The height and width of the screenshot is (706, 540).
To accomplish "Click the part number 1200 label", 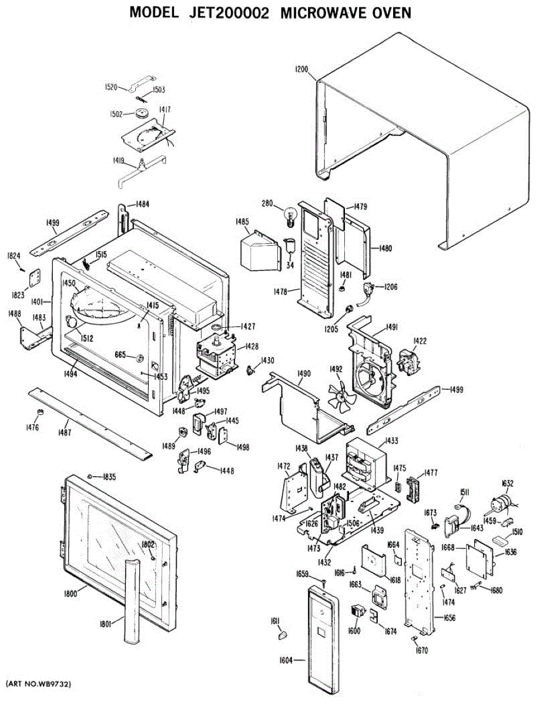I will (300, 69).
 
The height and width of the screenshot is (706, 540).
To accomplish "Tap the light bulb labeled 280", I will (289, 216).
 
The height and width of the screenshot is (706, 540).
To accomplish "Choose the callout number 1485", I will (242, 222).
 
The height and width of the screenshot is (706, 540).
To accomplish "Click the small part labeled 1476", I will (41, 411).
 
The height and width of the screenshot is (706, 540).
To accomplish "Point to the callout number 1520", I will (112, 87).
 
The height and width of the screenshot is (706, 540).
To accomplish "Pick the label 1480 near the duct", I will (385, 248).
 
